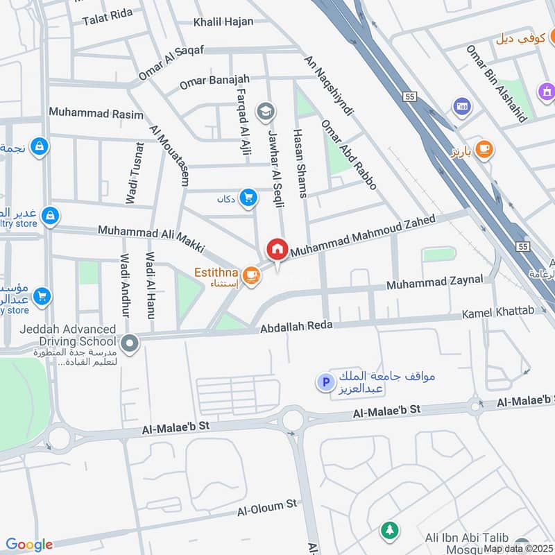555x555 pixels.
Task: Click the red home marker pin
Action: [x=277, y=249]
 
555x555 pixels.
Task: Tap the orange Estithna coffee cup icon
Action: [x=252, y=275]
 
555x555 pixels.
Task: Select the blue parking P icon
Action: [x=324, y=382]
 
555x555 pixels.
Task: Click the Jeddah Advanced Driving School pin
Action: [x=129, y=342]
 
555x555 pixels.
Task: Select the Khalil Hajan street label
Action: [x=223, y=22]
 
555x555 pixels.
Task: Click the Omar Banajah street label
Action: [x=207, y=82]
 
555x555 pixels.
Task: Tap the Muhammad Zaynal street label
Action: [x=435, y=282]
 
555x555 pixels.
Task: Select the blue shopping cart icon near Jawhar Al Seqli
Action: [x=248, y=198]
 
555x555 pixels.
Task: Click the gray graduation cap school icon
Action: [x=265, y=110]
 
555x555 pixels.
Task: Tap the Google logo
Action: [x=29, y=545]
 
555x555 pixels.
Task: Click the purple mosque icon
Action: [x=546, y=91]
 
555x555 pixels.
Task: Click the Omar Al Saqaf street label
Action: [x=171, y=62]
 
